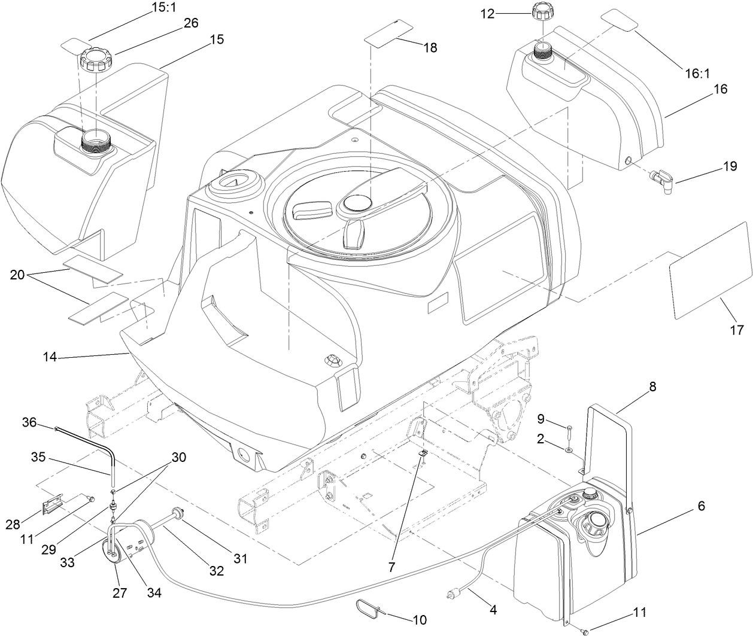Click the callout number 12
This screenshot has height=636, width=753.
pyautogui.click(x=488, y=14)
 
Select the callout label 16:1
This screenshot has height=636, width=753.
pyautogui.click(x=697, y=73)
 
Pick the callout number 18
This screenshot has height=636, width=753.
pyautogui.click(x=430, y=48)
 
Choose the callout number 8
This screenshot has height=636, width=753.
pyautogui.click(x=652, y=387)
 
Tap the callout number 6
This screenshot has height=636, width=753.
pyautogui.click(x=700, y=506)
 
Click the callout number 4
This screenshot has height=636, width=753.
pyautogui.click(x=493, y=611)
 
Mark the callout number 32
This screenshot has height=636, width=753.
pyautogui.click(x=216, y=571)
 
